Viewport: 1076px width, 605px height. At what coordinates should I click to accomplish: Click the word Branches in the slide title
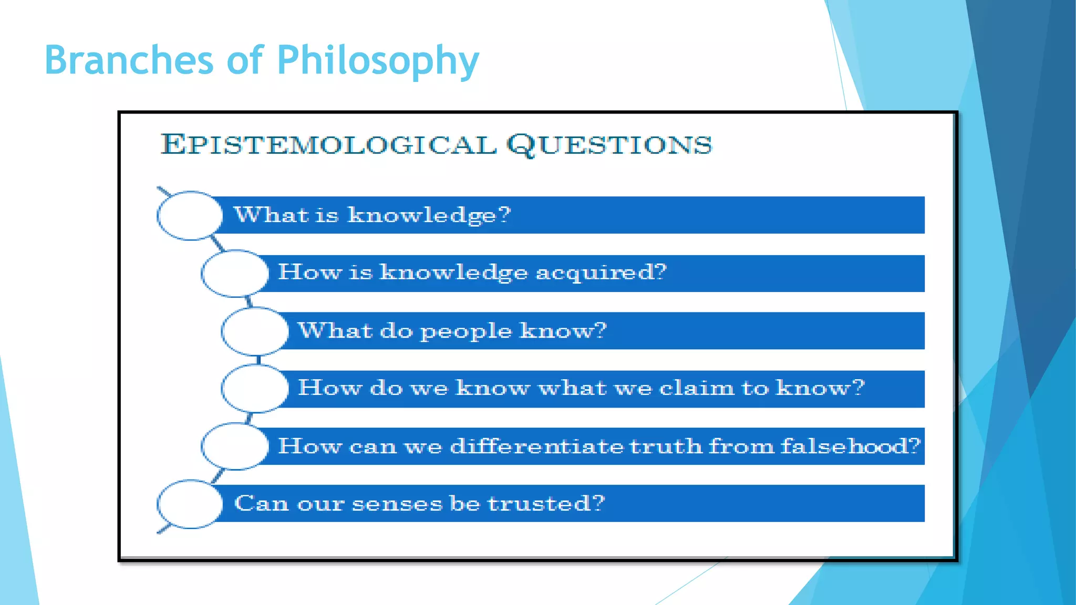click(x=129, y=60)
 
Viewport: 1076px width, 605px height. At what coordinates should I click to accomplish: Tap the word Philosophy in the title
click(x=378, y=61)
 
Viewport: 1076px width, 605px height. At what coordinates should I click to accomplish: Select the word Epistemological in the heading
click(x=328, y=144)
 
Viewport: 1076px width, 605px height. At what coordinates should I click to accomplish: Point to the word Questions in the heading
click(x=609, y=144)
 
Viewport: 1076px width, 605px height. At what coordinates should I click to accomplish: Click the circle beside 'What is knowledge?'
click(x=190, y=216)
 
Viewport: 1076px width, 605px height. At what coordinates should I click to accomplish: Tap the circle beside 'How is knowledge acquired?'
click(x=234, y=273)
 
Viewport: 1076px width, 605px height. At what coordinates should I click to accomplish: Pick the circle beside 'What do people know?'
click(x=255, y=331)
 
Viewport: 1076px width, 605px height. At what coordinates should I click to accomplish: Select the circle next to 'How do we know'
click(x=255, y=389)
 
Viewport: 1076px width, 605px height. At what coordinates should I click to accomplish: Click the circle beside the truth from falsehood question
click(x=234, y=446)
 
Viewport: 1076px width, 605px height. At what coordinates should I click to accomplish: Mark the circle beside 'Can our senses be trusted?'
click(x=190, y=504)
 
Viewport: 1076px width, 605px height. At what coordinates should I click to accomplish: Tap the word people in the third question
click(x=465, y=331)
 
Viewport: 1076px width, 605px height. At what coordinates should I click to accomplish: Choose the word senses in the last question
click(x=397, y=504)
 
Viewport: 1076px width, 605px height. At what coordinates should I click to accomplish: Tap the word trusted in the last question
click(x=546, y=504)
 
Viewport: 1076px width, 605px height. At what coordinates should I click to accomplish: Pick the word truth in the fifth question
click(x=665, y=446)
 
